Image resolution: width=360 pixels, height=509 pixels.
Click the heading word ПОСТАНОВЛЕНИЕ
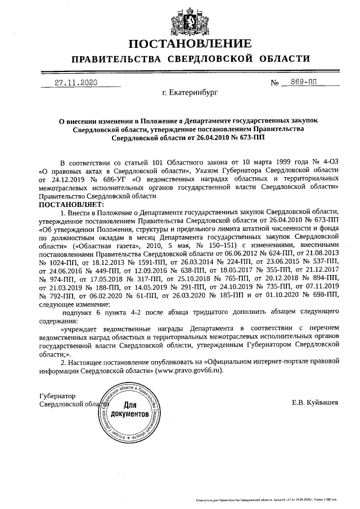(x=190, y=44)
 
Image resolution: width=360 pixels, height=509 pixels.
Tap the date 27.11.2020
(x=76, y=82)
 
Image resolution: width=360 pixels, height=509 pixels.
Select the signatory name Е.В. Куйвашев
(x=315, y=403)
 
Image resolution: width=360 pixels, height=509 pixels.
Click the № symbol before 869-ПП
(x=275, y=83)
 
